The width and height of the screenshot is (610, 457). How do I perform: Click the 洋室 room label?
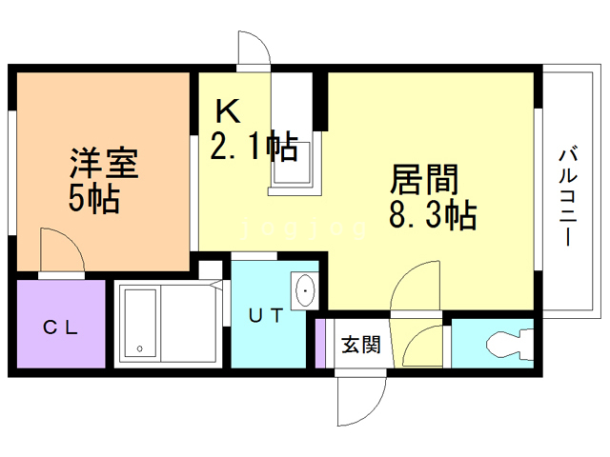(104, 163)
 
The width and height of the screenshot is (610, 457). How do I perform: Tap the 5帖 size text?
(93, 199)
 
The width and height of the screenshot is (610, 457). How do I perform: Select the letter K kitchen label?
(227, 112)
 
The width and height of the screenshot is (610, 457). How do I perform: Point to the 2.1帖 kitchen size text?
(254, 147)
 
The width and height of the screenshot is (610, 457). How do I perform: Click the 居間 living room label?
(425, 180)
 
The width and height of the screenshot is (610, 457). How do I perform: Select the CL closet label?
(59, 328)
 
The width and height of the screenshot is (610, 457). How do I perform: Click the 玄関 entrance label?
(361, 344)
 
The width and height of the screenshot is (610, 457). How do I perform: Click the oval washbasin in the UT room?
(305, 289)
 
